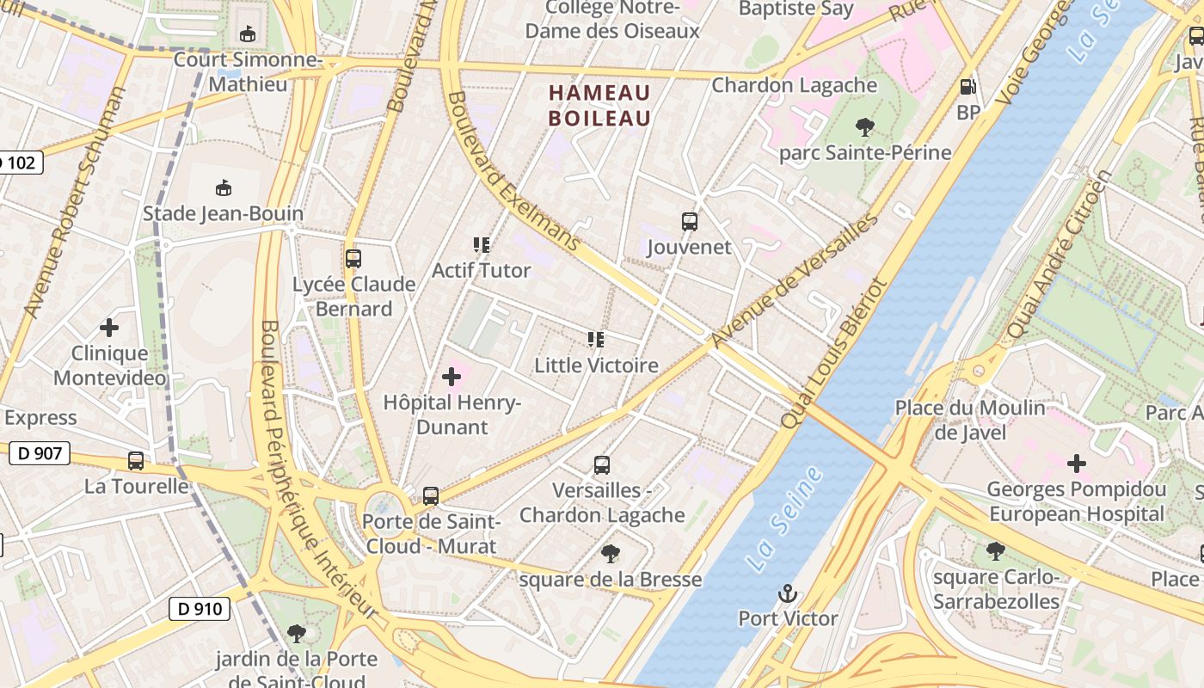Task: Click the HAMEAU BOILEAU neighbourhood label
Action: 599,105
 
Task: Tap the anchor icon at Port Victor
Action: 787,593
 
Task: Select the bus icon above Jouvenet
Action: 690,222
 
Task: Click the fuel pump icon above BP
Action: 967,87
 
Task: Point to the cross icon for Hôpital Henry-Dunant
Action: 451,377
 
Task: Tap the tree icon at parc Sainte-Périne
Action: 865,128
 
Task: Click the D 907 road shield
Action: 40,452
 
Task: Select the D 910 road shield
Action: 200,609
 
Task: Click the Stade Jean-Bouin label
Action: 223,213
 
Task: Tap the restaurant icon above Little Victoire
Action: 596,340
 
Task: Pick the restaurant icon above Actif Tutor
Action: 482,245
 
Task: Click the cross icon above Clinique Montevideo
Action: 109,328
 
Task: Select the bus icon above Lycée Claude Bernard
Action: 353,258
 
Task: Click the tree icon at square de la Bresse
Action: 610,554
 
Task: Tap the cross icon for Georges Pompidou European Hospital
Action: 1076,464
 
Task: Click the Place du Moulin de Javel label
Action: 970,420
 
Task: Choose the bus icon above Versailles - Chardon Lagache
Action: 602,465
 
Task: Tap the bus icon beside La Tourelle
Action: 136,461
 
